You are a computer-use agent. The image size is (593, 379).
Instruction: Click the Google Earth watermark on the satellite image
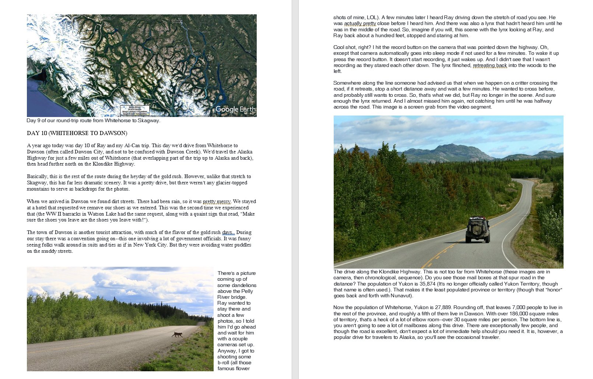pos(235,109)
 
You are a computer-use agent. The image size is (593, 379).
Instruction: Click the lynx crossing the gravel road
pos(178,334)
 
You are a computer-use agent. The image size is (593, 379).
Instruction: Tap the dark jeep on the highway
pos(478,230)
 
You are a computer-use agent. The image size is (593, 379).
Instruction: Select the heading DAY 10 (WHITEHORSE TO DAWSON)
pos(77,133)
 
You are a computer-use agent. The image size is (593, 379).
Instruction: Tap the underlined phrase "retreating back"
pos(490,65)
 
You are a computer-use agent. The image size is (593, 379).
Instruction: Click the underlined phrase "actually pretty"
pos(360,24)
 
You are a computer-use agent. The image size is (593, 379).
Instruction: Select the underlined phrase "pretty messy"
pos(217,202)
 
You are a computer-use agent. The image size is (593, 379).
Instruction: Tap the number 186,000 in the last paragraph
pos(509,314)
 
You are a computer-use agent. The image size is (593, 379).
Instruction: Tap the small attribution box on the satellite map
pos(135,110)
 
